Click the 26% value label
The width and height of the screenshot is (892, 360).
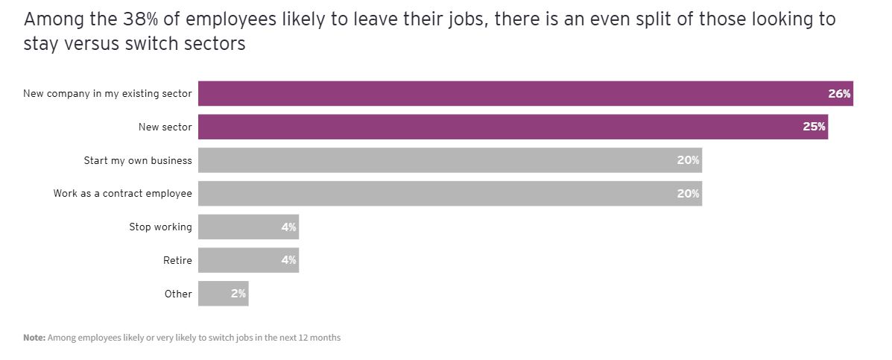coord(839,94)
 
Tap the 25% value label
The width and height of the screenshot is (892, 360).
coord(814,127)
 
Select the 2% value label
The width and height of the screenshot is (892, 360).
coord(238,294)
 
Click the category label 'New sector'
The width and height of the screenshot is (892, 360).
coord(165,127)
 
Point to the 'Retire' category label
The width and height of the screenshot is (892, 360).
coord(177,260)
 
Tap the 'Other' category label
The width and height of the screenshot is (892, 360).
coord(178,294)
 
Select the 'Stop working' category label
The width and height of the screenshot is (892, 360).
coord(160,227)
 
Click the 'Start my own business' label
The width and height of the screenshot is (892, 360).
coord(138,160)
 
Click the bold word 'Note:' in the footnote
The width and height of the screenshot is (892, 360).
coord(34,338)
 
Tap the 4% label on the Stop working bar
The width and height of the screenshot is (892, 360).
coord(288,227)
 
